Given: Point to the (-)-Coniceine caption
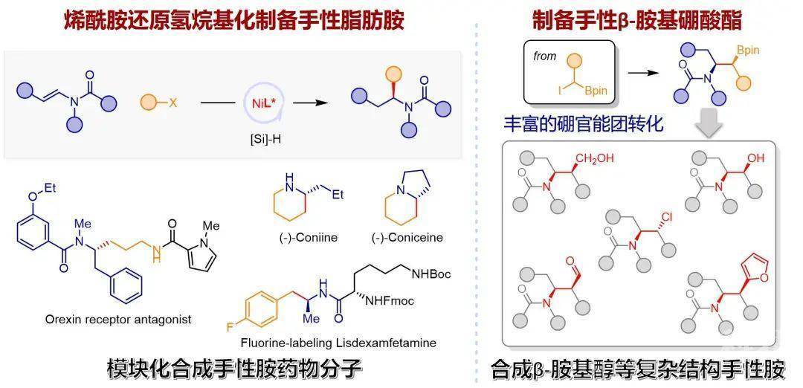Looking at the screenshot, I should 407,238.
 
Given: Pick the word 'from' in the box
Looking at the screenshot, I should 545,56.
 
